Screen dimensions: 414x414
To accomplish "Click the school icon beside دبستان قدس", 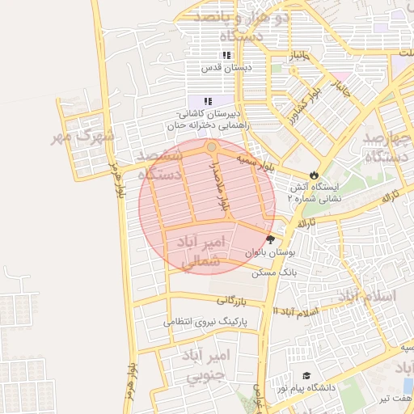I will pos(227,56).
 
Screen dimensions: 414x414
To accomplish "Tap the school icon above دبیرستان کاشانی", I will pos(208,101).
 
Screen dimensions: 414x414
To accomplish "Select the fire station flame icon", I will pos(314,175).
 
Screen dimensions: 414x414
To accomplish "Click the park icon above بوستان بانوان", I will pos(270,239).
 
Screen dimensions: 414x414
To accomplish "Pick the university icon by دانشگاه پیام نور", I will pos(306,376).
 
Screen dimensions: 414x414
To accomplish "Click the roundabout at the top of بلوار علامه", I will pos(211,146).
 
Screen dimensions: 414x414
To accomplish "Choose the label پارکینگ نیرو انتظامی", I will pos(209,321).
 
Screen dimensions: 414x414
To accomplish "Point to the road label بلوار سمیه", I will pos(256,163).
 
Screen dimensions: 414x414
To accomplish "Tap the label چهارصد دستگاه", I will pos(388,146).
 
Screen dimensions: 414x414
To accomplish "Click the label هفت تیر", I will pos(397,398).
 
